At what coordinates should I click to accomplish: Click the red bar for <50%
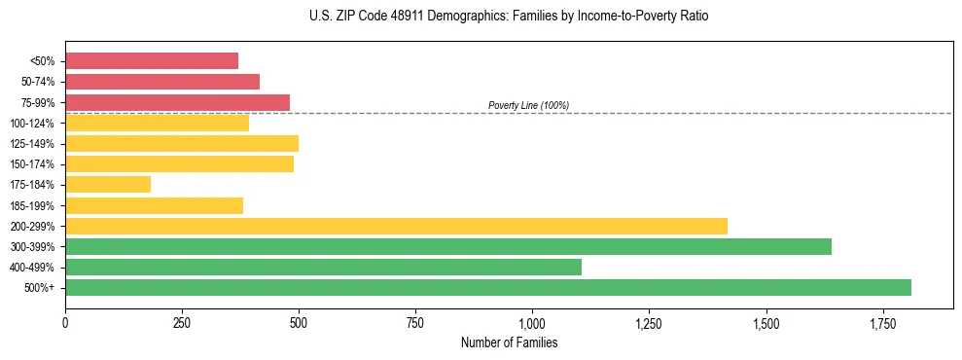152,60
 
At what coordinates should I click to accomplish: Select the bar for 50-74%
162,82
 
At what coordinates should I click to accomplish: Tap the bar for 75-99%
177,102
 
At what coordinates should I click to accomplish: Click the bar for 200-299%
396,226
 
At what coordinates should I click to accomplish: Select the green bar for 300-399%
448,246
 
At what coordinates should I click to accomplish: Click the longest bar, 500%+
488,287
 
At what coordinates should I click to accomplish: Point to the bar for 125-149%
182,143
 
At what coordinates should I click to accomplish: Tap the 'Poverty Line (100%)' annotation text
528,105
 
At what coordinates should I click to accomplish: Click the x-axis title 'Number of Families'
509,342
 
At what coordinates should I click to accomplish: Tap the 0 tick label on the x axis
65,321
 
